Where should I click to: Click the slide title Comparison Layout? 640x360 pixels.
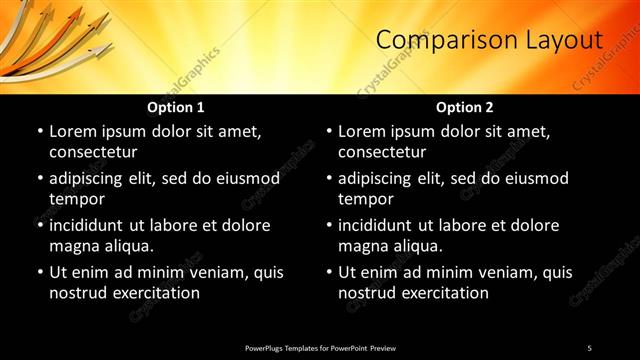(489, 40)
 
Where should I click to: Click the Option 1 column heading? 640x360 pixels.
(176, 107)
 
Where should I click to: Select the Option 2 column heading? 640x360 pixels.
(465, 107)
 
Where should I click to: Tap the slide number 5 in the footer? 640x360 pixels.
(589, 347)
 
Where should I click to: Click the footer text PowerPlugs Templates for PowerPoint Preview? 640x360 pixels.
(320, 347)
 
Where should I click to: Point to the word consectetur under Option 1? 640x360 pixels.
(93, 152)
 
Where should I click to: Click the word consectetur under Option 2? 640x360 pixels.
(382, 152)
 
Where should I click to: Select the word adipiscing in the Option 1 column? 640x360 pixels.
(93, 179)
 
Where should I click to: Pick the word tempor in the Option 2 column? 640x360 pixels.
(367, 199)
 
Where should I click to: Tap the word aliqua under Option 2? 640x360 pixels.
(420, 246)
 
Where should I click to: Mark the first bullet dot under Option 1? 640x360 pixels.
(39, 131)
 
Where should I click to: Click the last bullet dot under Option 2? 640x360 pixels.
(328, 272)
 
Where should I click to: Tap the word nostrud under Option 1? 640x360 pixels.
(78, 293)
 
